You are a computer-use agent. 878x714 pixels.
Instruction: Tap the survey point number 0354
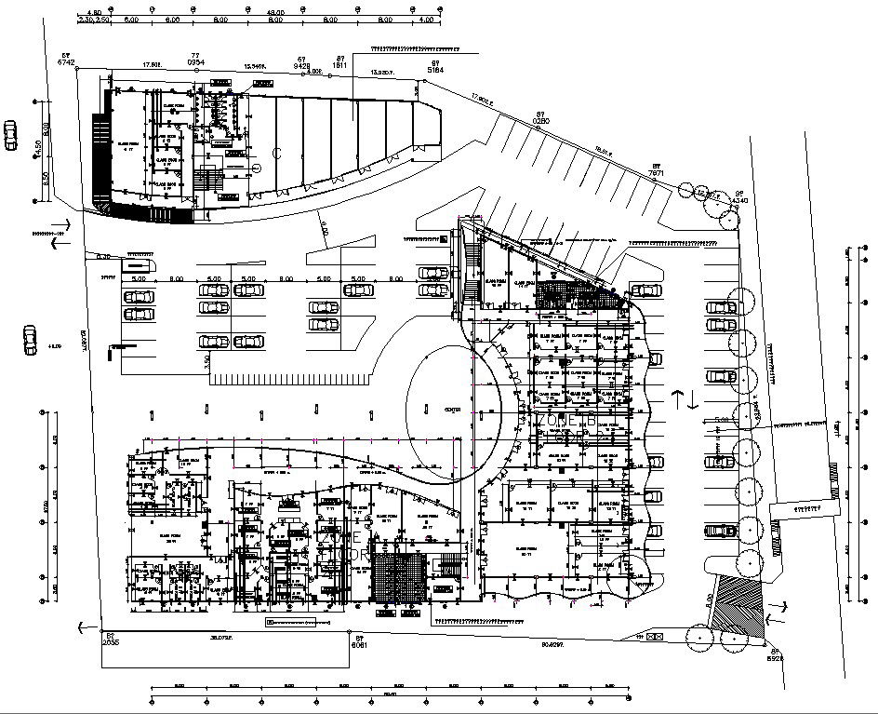pos(196,62)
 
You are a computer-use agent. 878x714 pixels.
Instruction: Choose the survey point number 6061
pos(360,644)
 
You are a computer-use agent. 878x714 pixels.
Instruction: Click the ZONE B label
pos(565,421)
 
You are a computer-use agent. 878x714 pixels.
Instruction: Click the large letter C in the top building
pos(276,151)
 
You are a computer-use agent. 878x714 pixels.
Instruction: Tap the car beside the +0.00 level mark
pos(30,333)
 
